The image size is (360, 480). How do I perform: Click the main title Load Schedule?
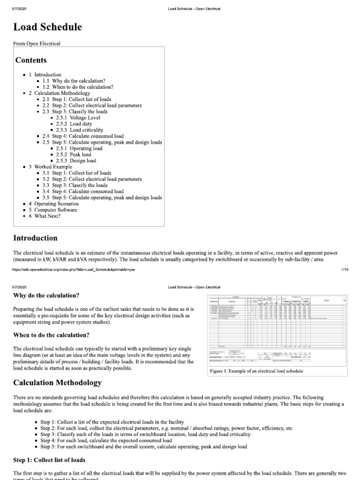pos(48,27)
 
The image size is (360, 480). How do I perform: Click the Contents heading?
pos(31,60)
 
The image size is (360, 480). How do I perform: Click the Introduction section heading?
pos(35,238)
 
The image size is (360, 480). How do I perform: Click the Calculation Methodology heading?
pos(57,383)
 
